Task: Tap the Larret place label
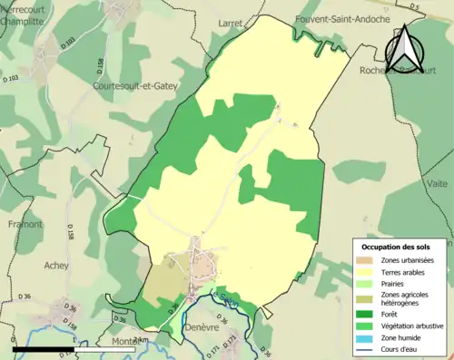232,18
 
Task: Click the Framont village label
25,223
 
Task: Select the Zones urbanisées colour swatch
366,260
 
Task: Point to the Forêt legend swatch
366,314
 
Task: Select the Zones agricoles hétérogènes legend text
405,298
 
